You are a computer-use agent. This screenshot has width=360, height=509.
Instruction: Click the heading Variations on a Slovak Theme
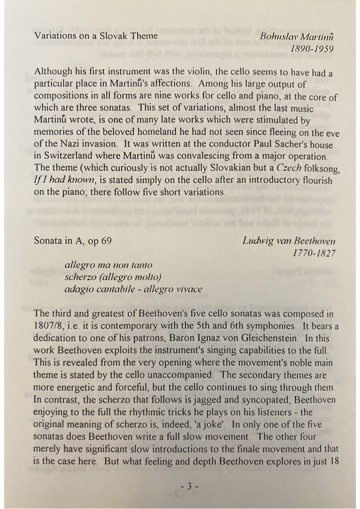pyautogui.click(x=96, y=36)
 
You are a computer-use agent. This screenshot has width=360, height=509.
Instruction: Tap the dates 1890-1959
pyautogui.click(x=312, y=48)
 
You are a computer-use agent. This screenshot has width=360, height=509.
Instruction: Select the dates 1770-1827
pyautogui.click(x=314, y=253)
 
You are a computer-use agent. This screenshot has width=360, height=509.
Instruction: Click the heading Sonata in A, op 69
pyautogui.click(x=73, y=241)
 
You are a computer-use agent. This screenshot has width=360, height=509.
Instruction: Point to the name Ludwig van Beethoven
pyautogui.click(x=289, y=241)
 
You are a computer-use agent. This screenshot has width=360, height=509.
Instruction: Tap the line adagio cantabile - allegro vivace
pyautogui.click(x=133, y=289)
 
